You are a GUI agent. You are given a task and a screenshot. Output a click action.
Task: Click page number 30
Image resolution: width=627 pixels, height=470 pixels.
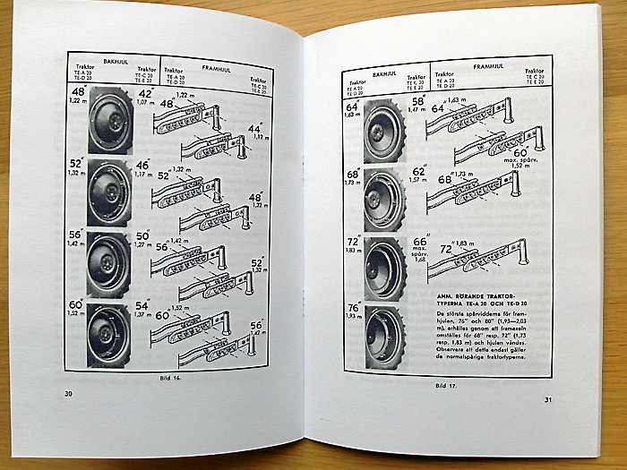(x=69, y=393)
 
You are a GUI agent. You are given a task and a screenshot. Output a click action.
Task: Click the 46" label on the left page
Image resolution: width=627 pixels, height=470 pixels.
(x=143, y=167)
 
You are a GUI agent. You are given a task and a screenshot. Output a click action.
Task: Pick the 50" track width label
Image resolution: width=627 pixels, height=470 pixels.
(x=142, y=237)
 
